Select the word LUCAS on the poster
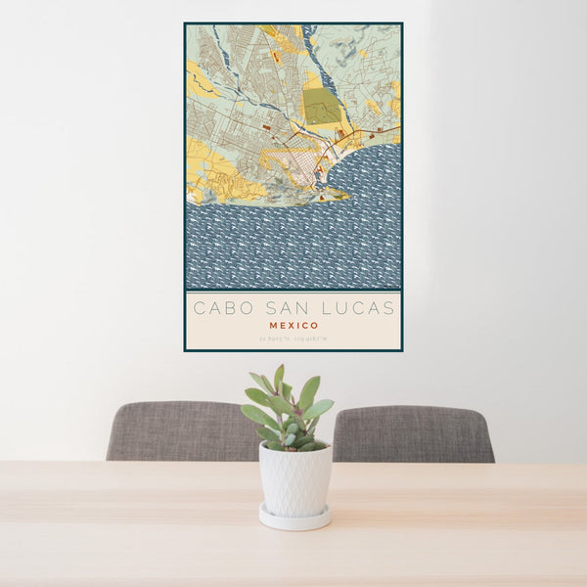360,308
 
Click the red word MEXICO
293,325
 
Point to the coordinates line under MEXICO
293,339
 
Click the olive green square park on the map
321,106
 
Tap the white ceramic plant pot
294,478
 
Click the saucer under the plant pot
294,519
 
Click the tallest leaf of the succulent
280,378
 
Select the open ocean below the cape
293,245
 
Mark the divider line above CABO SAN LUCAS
293,291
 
